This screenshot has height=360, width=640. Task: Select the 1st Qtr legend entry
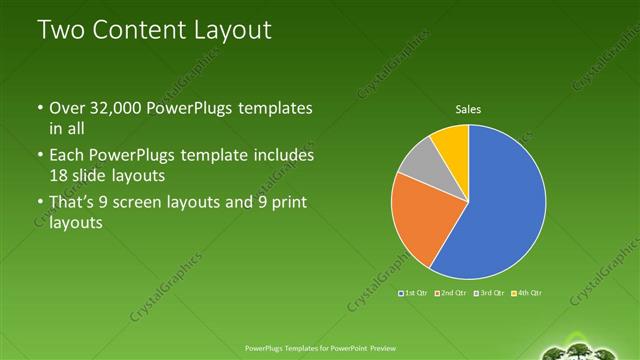point(414,293)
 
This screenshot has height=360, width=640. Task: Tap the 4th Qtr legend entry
point(528,293)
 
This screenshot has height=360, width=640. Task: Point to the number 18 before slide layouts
point(60,176)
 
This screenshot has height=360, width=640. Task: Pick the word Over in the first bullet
point(66,108)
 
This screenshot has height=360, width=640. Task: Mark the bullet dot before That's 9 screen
point(39,204)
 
